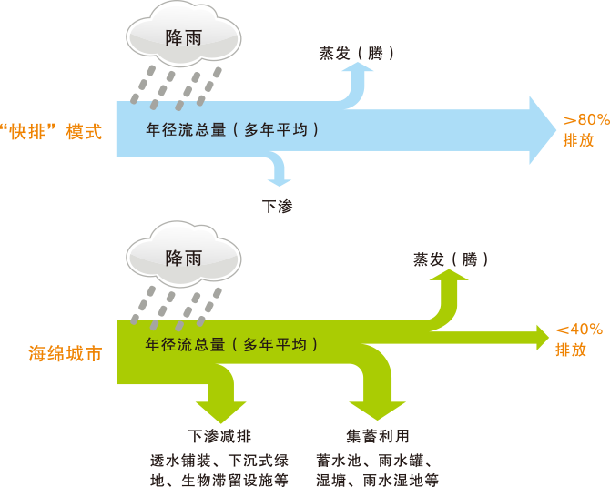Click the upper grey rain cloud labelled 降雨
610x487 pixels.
(x=184, y=38)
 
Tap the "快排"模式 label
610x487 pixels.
(x=52, y=131)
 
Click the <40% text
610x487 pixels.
(x=579, y=330)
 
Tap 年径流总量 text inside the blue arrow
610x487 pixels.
(x=232, y=129)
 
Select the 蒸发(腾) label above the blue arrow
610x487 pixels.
(x=356, y=53)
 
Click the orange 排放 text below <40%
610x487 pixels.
(x=571, y=350)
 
